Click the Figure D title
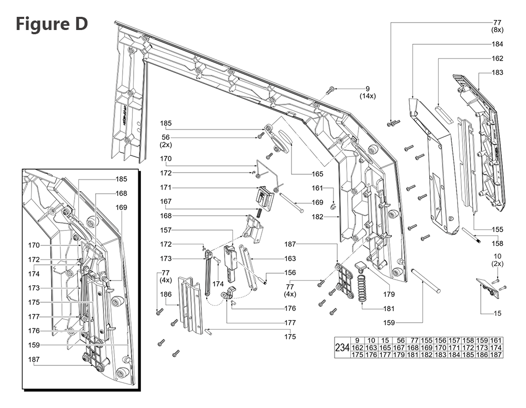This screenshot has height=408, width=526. pyautogui.click(x=52, y=24)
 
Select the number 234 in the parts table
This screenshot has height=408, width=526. pyautogui.click(x=342, y=348)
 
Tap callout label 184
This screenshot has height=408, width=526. pyautogui.click(x=497, y=44)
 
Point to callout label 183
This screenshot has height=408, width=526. pyautogui.click(x=497, y=72)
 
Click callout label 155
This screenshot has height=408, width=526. pyautogui.click(x=497, y=230)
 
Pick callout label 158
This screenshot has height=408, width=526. pyautogui.click(x=497, y=244)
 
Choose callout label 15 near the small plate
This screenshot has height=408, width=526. pyautogui.click(x=497, y=314)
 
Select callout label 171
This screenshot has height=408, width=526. pyautogui.click(x=166, y=187)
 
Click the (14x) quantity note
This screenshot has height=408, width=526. pyautogui.click(x=368, y=96)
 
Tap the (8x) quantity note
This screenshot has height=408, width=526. pyautogui.click(x=497, y=31)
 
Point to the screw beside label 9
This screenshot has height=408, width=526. pyautogui.click(x=331, y=90)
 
